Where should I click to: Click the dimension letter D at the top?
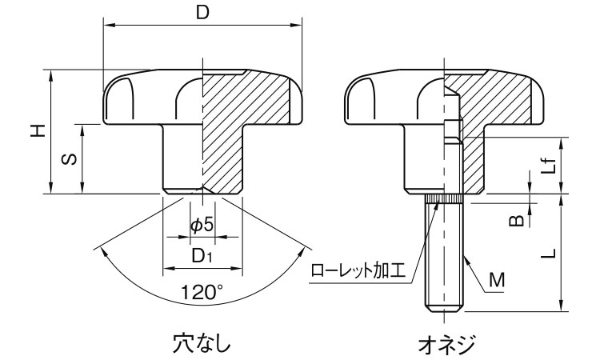(x=204, y=13)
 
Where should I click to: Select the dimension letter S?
(x=70, y=159)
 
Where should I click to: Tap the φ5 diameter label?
(x=202, y=226)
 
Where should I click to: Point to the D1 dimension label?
(x=202, y=256)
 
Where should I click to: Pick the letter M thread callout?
(x=496, y=279)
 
